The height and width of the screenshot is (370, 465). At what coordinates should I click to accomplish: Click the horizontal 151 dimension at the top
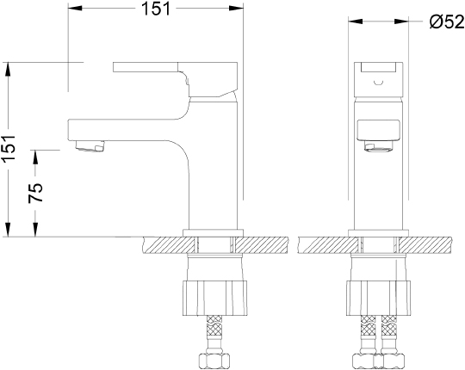click(156, 9)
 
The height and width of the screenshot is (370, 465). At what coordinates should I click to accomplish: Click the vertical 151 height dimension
click(9, 149)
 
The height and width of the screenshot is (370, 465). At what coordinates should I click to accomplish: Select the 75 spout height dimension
click(35, 193)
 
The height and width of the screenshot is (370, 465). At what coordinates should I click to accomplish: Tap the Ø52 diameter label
click(447, 22)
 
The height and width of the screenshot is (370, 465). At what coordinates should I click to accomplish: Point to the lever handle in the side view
click(176, 79)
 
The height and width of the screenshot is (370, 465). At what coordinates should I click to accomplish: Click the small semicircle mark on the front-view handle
click(379, 82)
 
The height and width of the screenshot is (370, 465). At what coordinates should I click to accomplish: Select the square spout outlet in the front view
click(378, 130)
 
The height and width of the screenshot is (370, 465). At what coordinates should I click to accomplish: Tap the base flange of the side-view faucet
click(213, 233)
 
